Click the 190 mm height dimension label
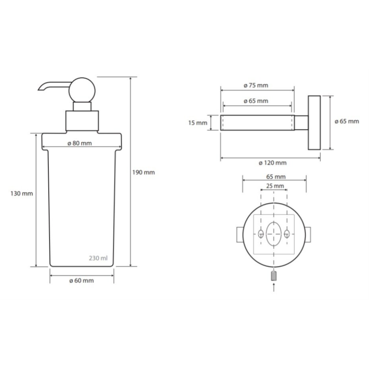(x=143, y=172)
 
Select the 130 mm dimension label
(x=22, y=194)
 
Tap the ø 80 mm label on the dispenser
(x=80, y=143)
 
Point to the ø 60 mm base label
(x=82, y=280)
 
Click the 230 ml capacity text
(x=98, y=258)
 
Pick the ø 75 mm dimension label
(x=256, y=85)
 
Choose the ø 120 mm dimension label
(x=273, y=163)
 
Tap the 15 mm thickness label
(x=198, y=123)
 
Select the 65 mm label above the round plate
(x=276, y=176)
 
